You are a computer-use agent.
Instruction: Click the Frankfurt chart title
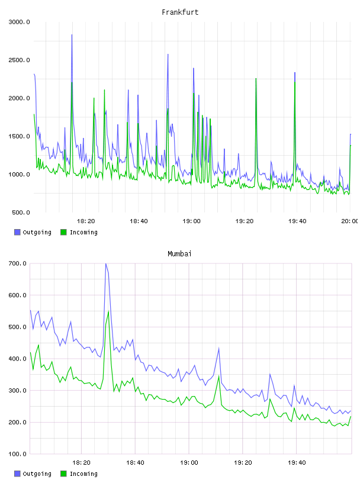tap(180, 12)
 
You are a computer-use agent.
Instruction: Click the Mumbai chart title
tap(179, 254)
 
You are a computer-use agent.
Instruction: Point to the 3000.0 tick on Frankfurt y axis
tap(19, 22)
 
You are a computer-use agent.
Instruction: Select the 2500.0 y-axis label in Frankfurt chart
tap(19, 60)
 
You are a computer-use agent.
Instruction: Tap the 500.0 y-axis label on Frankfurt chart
tap(21, 212)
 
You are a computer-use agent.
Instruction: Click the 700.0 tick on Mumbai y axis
tap(17, 263)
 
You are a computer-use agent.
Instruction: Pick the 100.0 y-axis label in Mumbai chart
tap(17, 454)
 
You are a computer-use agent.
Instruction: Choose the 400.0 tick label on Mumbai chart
tap(17, 359)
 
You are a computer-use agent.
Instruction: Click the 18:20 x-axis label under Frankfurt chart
tap(86, 221)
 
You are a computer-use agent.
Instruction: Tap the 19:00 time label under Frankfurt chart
tap(191, 221)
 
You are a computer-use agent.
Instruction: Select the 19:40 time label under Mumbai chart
tap(297, 463)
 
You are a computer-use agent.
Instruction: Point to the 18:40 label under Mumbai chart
tap(136, 463)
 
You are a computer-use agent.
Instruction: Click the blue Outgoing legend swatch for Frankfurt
tap(17, 232)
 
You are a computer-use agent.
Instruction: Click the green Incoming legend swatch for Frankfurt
tap(63, 232)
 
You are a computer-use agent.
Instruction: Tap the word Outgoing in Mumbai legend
tap(37, 474)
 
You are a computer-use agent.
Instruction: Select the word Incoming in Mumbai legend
tap(83, 474)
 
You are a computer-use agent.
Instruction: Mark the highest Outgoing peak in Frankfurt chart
tap(72, 35)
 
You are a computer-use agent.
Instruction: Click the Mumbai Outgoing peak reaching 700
tap(106, 263)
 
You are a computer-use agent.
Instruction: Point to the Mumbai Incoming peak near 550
tap(108, 311)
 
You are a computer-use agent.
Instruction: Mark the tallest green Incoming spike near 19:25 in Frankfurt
tap(256, 79)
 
